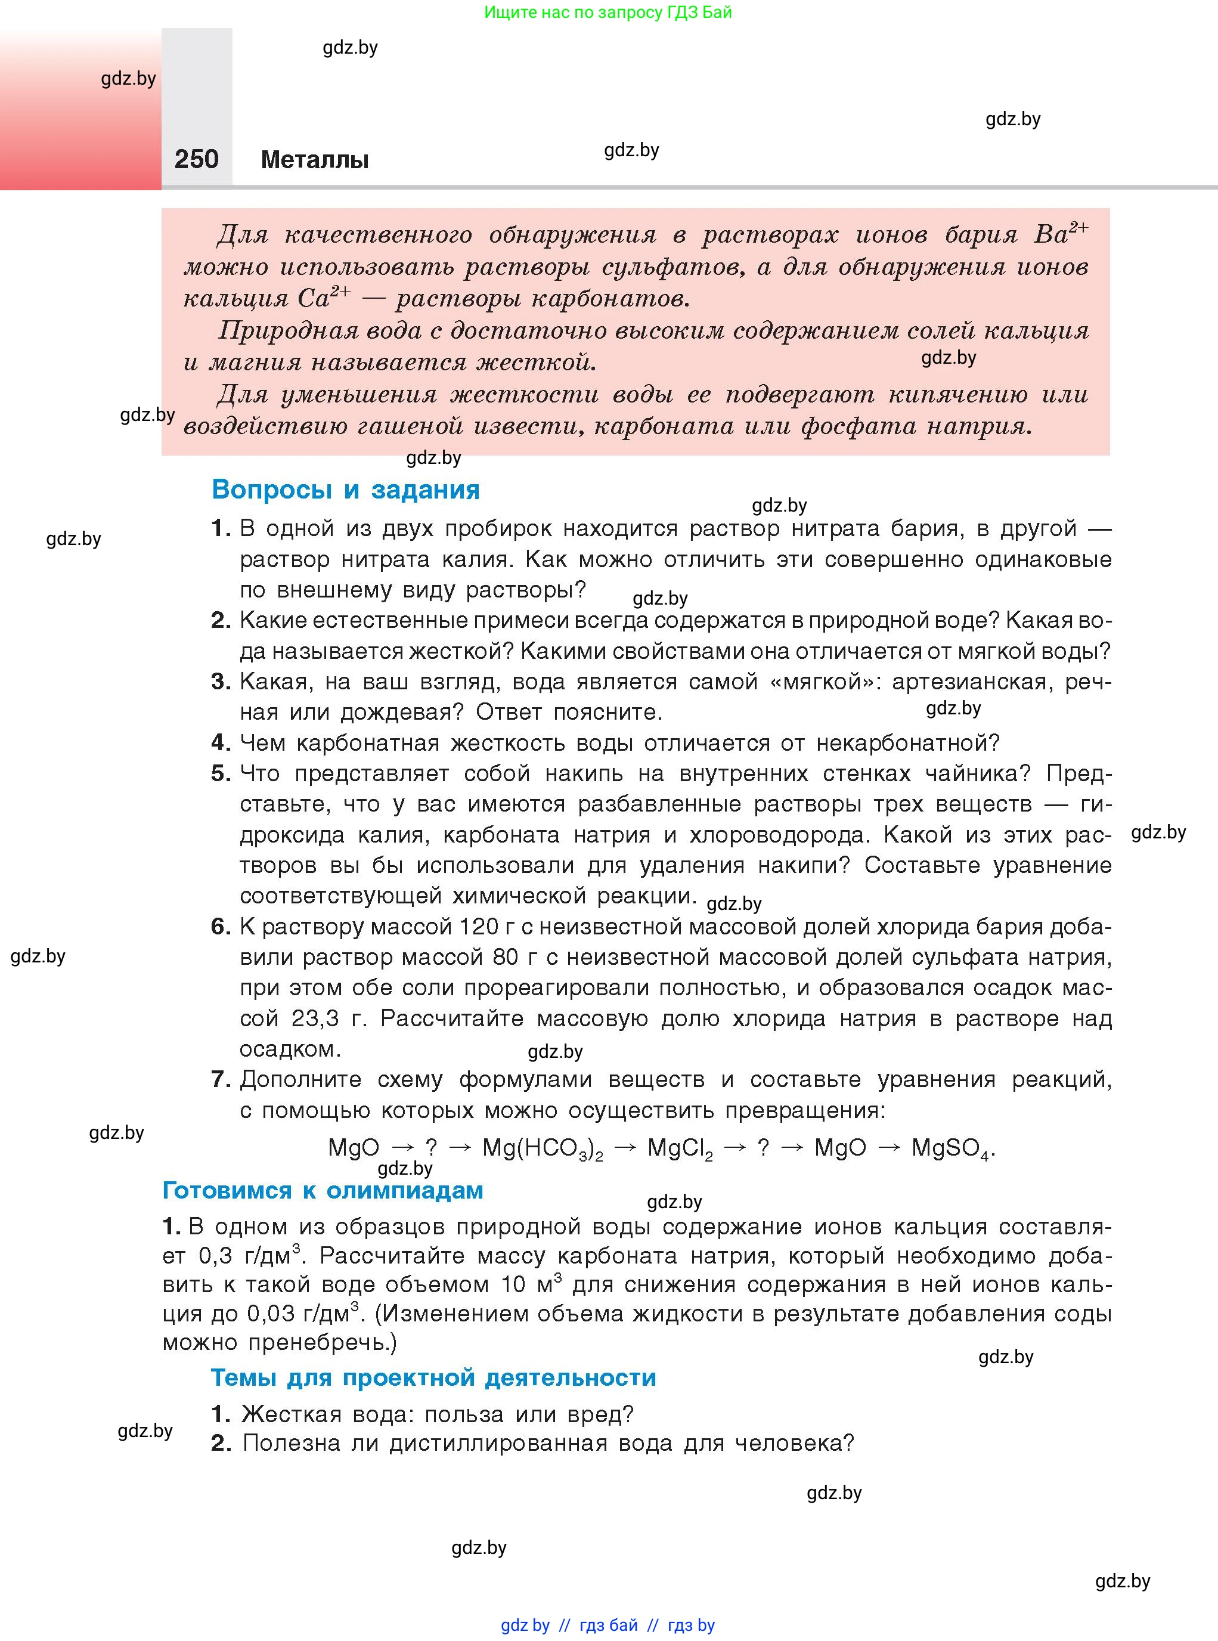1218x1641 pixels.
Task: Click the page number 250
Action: click(x=196, y=159)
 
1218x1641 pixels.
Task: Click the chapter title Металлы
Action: click(x=314, y=160)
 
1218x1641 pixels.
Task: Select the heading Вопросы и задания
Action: click(x=345, y=490)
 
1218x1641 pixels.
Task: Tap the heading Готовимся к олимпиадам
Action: click(x=323, y=1190)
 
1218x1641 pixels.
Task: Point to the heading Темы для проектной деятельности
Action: click(x=433, y=1377)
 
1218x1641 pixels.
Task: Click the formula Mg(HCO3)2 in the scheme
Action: click(x=542, y=1148)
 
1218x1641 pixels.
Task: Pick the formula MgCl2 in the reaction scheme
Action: click(x=680, y=1148)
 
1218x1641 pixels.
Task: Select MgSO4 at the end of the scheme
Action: click(x=952, y=1148)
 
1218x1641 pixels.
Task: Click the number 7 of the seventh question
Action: click(x=220, y=1079)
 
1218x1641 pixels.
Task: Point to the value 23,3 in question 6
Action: click(x=315, y=1018)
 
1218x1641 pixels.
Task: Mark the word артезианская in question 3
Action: click(x=969, y=682)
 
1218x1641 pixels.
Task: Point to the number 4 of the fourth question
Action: click(x=220, y=743)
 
